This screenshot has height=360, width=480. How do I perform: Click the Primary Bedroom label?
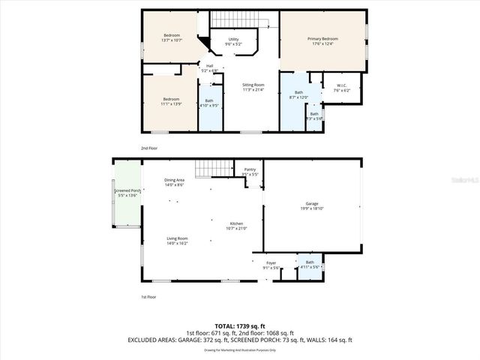(x=322, y=40)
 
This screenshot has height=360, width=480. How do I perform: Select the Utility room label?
(x=233, y=41)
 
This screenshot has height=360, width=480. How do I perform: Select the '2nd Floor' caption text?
(x=150, y=148)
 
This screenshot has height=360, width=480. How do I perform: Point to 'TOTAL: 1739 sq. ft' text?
(x=238, y=326)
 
